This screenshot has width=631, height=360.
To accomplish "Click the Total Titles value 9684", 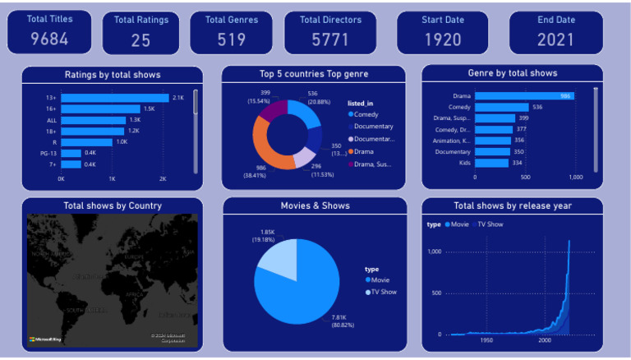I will (x=48, y=39).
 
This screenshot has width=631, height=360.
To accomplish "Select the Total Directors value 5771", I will (x=329, y=39).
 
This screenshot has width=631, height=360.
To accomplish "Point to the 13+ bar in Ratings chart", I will (x=113, y=98).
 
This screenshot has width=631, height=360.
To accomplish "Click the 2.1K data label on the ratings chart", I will (x=178, y=98).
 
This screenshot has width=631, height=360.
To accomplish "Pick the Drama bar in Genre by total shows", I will (x=523, y=96).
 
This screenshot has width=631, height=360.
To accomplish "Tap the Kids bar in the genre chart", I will (x=491, y=163).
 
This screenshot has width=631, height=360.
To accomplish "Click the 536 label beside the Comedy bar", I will (x=537, y=108).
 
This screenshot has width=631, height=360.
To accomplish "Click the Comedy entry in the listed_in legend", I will (x=366, y=114).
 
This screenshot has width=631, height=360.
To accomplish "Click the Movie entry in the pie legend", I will (x=379, y=280).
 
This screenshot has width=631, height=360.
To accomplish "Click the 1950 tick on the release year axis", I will (x=486, y=340).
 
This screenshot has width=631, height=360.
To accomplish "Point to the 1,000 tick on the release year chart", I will (x=434, y=252).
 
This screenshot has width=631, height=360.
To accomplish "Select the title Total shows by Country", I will (x=113, y=205).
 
